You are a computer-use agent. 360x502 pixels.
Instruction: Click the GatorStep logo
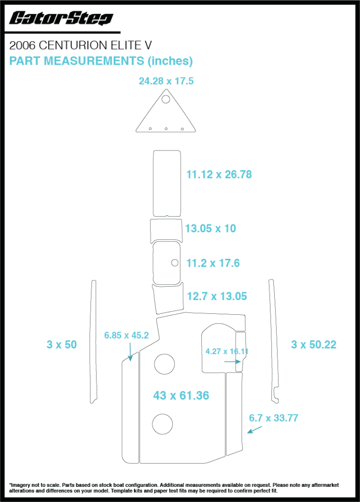pyautogui.click(x=61, y=18)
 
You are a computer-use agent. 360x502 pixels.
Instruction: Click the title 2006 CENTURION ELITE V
pyautogui.click(x=80, y=46)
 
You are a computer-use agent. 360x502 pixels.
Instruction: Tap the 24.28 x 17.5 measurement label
pyautogui.click(x=166, y=81)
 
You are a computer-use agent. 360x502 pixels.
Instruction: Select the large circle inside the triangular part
pyautogui.click(x=166, y=99)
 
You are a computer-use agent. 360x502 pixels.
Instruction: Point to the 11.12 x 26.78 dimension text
pyautogui.click(x=219, y=175)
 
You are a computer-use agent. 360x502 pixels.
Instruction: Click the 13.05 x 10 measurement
pyautogui.click(x=211, y=228)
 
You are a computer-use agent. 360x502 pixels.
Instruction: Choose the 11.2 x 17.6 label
pyautogui.click(x=213, y=263)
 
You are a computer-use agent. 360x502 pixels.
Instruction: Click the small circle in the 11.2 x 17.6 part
pyautogui.click(x=175, y=263)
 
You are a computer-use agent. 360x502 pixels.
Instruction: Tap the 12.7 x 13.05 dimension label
pyautogui.click(x=217, y=297)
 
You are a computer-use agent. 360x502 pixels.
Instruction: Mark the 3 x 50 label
pyautogui.click(x=62, y=345)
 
